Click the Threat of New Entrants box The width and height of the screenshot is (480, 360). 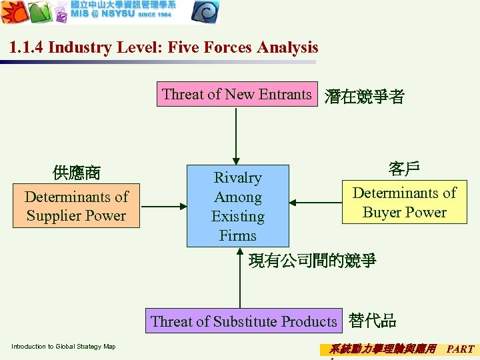coord(237,95)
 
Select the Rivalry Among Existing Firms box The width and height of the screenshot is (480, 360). coord(237,206)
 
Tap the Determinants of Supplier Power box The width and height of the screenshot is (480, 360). coord(76,206)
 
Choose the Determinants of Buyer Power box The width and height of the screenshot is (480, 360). coord(404,203)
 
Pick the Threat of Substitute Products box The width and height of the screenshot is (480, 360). coord(243,321)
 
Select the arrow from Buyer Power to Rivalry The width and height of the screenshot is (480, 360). coord(315,203)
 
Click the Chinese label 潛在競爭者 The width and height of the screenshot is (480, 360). coord(364,97)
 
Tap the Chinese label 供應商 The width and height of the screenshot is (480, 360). coord(76,173)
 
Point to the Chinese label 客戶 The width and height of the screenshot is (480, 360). coord(404,169)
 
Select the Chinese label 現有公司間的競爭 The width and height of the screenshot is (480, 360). coord(312,261)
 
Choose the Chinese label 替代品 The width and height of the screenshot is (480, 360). coord(372,321)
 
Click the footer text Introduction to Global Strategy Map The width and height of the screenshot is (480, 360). coord(63,347)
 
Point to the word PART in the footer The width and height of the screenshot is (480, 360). coord(460,349)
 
